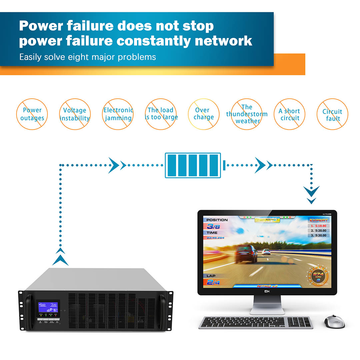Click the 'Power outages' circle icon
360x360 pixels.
click(x=32, y=114)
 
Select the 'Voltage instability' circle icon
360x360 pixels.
click(x=75, y=114)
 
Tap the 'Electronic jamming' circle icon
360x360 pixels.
click(x=118, y=114)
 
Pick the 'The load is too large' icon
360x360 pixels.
click(x=161, y=114)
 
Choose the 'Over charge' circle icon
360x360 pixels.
click(x=203, y=114)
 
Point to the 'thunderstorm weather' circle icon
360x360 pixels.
click(x=247, y=114)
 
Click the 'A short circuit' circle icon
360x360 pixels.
click(x=290, y=114)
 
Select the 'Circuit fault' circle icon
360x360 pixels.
click(x=332, y=114)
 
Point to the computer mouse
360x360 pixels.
click(x=334, y=321)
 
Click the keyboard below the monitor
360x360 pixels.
click(x=256, y=322)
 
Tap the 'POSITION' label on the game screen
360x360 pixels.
click(x=217, y=220)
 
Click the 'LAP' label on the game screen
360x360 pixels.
click(x=211, y=276)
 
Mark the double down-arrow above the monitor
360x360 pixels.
click(x=311, y=195)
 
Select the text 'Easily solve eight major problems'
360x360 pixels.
click(x=88, y=57)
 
